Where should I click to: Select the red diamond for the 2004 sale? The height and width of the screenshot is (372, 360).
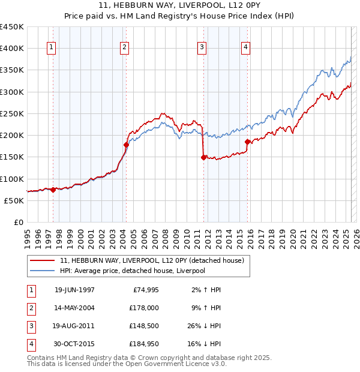(x=127, y=145)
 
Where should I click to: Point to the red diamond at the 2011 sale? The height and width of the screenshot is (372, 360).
(x=203, y=157)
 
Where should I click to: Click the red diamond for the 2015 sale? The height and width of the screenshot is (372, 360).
(x=248, y=142)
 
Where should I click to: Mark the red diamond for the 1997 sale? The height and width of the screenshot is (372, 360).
(x=53, y=190)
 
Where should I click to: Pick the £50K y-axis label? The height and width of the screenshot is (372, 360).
(x=14, y=200)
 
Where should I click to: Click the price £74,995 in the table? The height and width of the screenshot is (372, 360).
(x=145, y=290)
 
